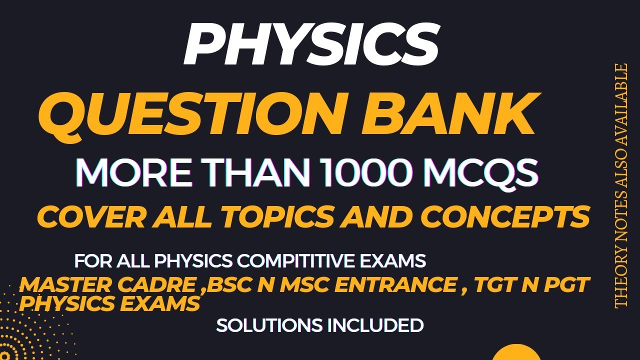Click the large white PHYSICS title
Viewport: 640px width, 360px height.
[311, 44]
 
